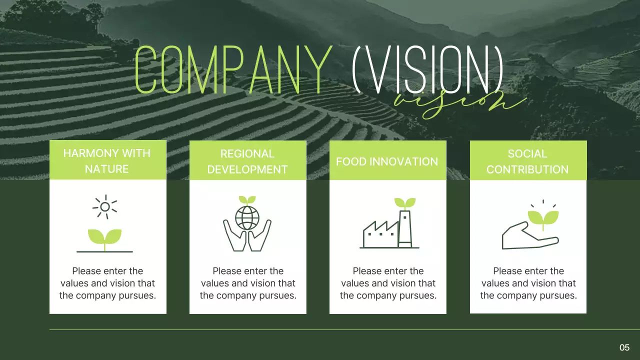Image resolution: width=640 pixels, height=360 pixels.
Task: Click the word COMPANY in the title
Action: click(x=233, y=69)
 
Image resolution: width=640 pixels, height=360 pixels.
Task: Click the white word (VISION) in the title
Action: click(x=427, y=69)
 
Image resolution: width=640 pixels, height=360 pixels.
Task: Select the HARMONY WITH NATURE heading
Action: click(x=107, y=161)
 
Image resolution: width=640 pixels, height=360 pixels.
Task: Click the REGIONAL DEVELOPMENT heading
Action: click(x=247, y=161)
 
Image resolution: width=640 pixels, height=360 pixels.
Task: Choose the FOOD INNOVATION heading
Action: click(x=387, y=161)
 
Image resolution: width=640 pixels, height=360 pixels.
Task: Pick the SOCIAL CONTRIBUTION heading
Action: click(x=527, y=161)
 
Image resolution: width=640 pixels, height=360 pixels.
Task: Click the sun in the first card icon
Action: click(x=105, y=207)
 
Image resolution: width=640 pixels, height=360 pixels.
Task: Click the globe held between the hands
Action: click(x=247, y=218)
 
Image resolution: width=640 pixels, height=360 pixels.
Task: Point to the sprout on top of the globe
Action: click(x=247, y=200)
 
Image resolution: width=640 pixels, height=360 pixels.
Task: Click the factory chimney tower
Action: click(x=405, y=229)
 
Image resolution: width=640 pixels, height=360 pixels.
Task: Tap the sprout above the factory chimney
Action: click(x=405, y=203)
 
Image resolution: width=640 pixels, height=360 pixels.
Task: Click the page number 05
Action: click(x=624, y=347)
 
